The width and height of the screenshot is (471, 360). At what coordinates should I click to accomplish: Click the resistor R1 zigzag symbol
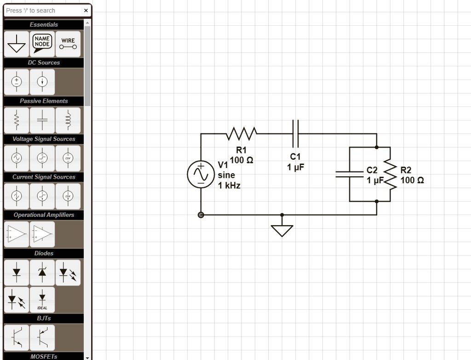pos(241,134)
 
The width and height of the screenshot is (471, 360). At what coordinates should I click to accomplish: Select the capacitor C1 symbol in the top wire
pos(296,134)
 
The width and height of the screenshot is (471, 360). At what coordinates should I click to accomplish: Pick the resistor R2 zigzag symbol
pos(390,174)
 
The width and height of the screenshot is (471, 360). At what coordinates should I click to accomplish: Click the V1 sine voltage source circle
pos(201,174)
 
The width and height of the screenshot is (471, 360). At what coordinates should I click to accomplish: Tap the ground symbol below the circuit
pos(282,229)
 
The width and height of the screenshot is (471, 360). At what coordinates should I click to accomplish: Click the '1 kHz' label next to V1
pos(229,186)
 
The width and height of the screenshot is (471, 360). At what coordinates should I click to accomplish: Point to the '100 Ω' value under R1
pos(241,160)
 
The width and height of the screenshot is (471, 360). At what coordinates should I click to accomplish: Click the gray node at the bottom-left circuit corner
pos(201,215)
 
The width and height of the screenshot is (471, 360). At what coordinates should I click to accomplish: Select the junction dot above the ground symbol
pos(282,215)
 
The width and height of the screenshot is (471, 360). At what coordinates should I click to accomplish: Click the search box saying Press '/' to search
pos(42,11)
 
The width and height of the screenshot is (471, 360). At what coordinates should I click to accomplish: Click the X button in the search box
pos(86,11)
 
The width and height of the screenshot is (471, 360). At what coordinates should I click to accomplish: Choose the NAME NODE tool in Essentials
pos(42,43)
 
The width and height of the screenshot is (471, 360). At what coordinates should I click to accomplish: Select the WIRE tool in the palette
pos(68,43)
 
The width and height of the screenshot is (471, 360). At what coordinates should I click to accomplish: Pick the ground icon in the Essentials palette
pos(17,43)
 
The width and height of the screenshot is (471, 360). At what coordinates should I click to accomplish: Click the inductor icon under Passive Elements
pos(68,120)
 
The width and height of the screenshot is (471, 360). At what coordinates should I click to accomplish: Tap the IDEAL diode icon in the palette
pos(42,300)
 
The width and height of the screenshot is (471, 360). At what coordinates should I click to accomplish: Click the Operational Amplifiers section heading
pos(44,215)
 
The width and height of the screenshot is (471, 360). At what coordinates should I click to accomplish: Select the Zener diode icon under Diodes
pos(42,272)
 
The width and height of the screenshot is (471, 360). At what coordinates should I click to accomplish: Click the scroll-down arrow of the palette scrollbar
pos(87,357)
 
